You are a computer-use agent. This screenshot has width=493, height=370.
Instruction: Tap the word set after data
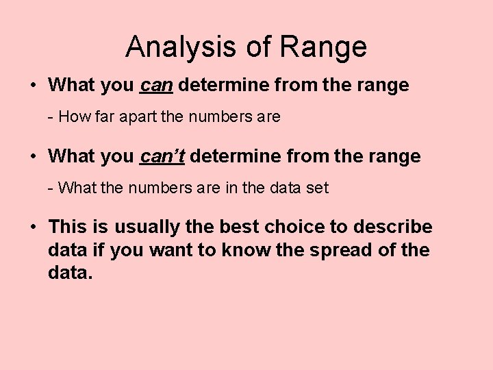pos(317,188)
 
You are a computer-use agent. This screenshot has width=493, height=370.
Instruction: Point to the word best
pos(229,227)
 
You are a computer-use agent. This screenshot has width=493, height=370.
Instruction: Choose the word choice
pos(287,227)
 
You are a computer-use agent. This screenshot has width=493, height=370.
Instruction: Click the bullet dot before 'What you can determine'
pos(33,86)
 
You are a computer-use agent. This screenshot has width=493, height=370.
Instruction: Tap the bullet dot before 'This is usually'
pos(33,227)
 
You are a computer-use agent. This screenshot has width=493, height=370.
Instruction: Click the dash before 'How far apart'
pos(51,117)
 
